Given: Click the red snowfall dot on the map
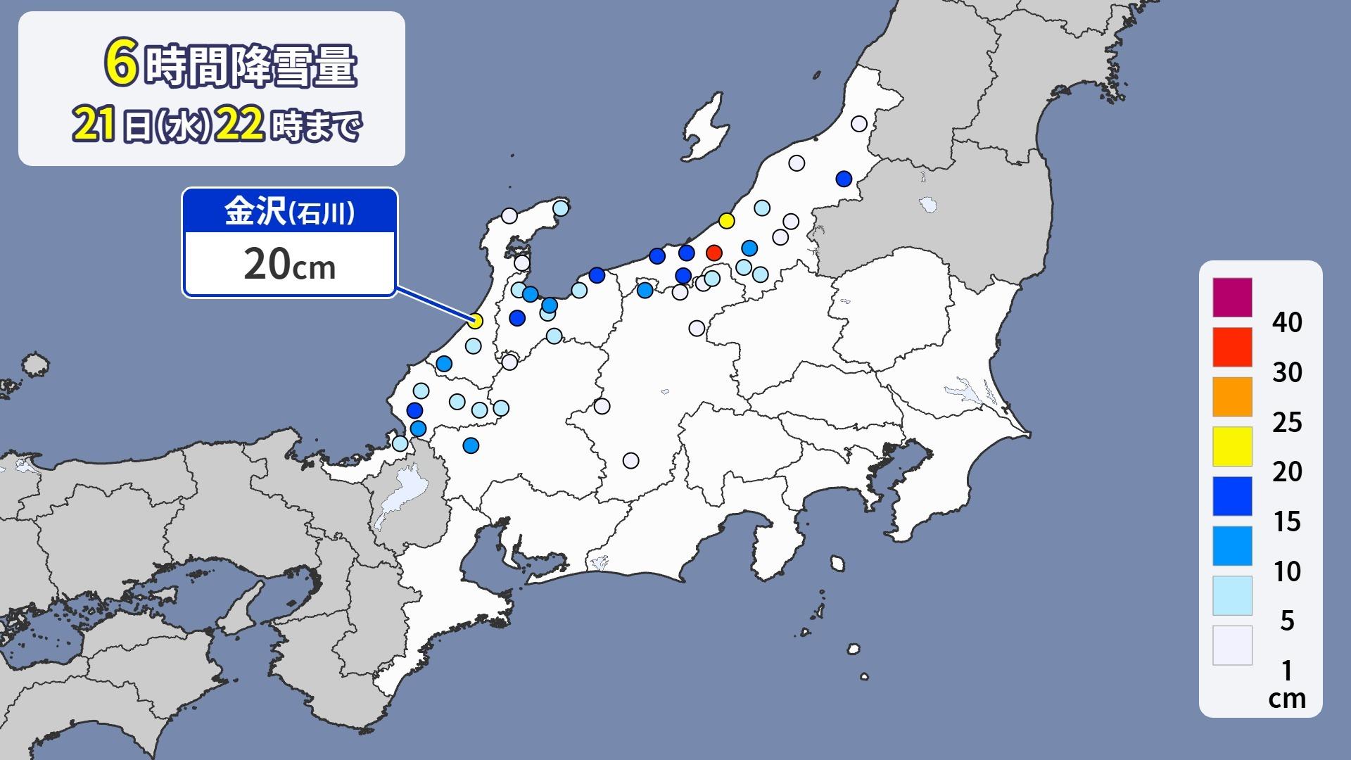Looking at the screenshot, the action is point(713,253).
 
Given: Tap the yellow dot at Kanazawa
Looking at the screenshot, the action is point(476,321).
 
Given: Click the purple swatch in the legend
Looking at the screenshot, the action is point(1232,298).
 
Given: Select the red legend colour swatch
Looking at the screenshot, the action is point(1232,347).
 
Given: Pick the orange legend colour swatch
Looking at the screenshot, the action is point(1232,397).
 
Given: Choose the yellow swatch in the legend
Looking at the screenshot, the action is point(1232,446).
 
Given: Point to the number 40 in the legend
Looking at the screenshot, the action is point(1287,323).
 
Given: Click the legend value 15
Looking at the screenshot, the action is point(1287,521).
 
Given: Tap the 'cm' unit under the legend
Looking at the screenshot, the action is point(1287,698).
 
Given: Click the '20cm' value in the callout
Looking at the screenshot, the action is point(289,265).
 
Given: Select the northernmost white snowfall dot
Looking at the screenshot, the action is point(858,124).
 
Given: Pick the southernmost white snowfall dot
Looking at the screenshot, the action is point(630,460).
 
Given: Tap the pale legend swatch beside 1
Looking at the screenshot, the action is point(1232,645).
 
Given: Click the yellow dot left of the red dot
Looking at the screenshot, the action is point(727,221).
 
